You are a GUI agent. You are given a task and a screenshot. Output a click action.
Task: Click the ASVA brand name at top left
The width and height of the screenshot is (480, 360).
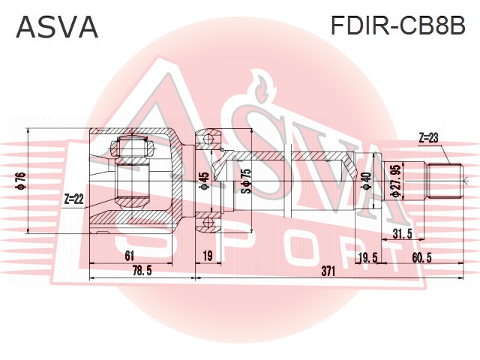(x=57, y=28)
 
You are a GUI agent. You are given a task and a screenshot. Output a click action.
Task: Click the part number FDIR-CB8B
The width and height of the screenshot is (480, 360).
(x=398, y=27)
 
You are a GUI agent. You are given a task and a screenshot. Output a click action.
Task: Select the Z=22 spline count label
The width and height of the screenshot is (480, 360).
(x=74, y=199)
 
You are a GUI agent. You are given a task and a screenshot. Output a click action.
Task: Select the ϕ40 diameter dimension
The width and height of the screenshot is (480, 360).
(x=365, y=182)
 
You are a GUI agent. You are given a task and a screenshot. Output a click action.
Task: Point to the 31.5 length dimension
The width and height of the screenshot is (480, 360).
(x=403, y=234)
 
